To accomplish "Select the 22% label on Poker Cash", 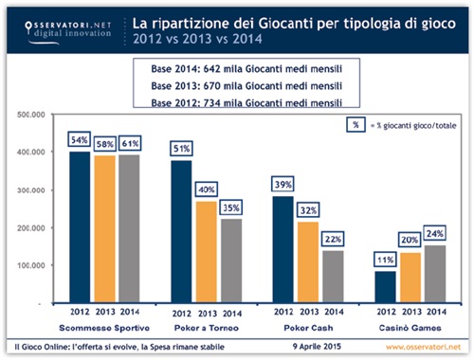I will (x=333, y=241).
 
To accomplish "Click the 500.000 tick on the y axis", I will (x=33, y=114).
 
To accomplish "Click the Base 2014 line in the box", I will (x=237, y=69).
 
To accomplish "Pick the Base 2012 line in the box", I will (x=237, y=100).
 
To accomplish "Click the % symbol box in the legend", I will (x=353, y=123).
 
